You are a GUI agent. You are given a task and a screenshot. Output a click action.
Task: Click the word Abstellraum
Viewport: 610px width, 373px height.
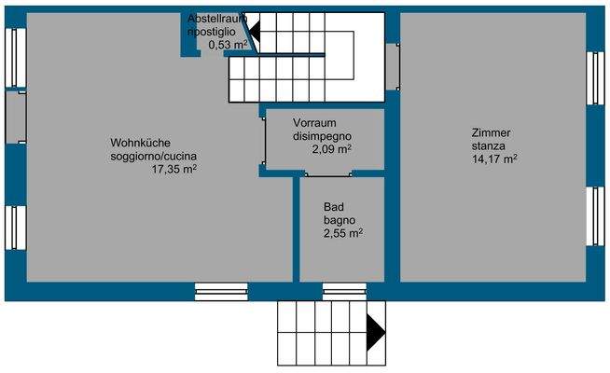coord(217,19)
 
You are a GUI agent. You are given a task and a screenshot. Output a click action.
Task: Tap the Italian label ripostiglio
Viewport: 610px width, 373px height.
coord(216,32)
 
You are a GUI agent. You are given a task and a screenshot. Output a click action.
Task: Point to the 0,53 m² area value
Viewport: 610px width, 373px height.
coord(229,44)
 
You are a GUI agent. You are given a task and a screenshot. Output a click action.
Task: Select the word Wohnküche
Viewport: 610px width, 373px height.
coord(139,143)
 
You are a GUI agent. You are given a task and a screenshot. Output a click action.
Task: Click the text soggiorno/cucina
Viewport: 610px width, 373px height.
coord(153,156)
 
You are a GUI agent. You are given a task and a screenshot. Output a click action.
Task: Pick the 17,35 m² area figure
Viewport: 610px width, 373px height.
coord(173,169)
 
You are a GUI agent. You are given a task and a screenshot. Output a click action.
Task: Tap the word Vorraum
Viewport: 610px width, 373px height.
coord(313,123)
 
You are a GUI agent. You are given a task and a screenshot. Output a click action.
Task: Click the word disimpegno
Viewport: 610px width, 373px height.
coord(322,136)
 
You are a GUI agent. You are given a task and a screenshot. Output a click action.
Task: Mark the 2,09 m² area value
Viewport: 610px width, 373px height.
coord(331,149)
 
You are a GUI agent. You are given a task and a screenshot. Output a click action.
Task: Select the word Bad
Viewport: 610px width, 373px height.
coord(334,207)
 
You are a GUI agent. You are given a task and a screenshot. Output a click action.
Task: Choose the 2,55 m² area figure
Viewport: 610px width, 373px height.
coord(343,233)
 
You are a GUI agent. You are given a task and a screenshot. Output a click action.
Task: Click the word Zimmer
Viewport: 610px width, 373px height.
coord(492,133)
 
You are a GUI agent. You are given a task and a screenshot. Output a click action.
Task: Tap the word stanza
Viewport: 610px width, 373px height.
coord(489,146)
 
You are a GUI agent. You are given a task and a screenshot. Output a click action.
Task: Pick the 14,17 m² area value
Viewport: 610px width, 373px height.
coord(494,159)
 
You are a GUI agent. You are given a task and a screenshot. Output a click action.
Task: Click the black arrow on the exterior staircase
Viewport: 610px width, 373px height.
coord(376,331)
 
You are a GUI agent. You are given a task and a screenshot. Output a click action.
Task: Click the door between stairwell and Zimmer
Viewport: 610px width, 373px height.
coord(392,66)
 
